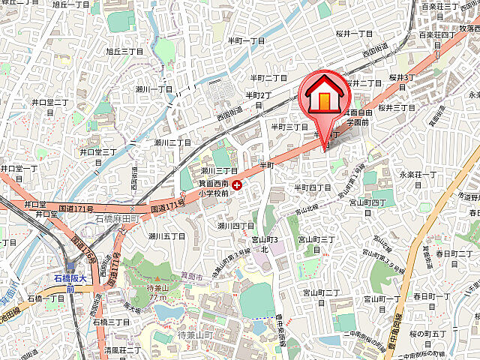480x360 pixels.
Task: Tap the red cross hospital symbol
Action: click(237, 184)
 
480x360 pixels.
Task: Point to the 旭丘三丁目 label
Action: click(124, 52)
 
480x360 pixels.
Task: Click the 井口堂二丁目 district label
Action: click(50, 102)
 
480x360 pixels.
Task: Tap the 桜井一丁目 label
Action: click(355, 34)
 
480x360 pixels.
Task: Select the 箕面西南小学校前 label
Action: click(217, 187)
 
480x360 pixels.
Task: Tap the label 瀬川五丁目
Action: click(166, 236)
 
